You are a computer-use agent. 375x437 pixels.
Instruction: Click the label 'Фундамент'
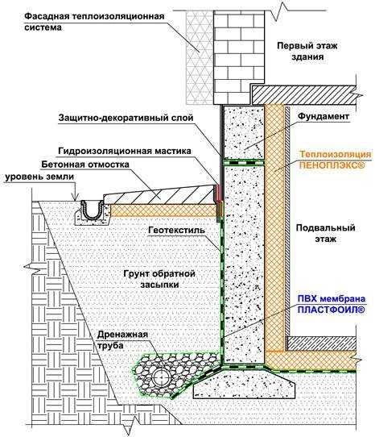[x=323, y=116]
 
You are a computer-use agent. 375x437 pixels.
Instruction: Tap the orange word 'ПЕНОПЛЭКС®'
[x=332, y=165]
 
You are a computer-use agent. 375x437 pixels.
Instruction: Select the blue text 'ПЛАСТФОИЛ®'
[x=331, y=310]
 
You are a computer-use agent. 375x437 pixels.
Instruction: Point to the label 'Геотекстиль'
[x=177, y=231]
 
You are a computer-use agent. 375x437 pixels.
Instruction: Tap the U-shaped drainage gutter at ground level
[x=91, y=210]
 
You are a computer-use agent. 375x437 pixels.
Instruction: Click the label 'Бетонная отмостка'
[x=85, y=164]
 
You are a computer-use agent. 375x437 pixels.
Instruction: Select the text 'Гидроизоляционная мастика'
[x=125, y=151]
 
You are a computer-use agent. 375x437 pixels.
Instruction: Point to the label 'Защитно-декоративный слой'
[x=126, y=118]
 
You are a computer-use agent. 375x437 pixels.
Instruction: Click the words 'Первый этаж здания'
[x=307, y=51]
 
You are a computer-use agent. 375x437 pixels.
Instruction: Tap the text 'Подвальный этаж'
[x=325, y=233]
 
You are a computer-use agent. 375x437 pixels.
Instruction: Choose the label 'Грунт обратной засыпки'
[x=159, y=279]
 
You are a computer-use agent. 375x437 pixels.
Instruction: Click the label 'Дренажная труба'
[x=122, y=339]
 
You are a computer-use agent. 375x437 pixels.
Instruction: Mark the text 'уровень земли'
[x=39, y=177]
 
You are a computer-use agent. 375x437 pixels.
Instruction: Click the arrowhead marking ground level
[x=76, y=198]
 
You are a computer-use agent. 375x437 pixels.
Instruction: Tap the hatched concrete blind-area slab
[x=160, y=195]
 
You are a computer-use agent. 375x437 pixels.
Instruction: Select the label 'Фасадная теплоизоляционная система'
[x=94, y=22]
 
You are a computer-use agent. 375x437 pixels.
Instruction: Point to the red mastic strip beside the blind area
[x=218, y=193]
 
